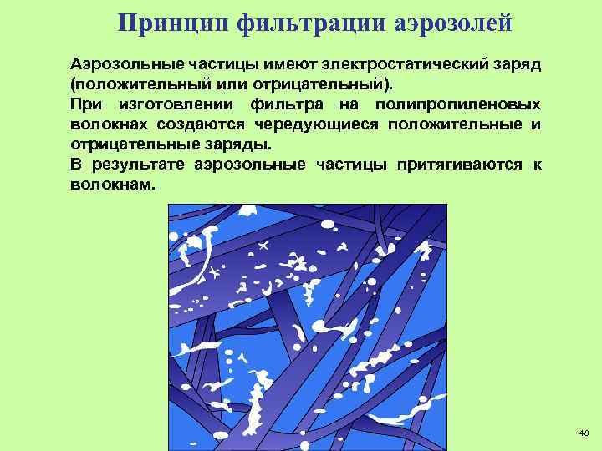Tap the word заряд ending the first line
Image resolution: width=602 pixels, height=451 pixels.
[513, 64]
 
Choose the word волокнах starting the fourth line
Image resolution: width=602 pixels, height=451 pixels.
[110, 125]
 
